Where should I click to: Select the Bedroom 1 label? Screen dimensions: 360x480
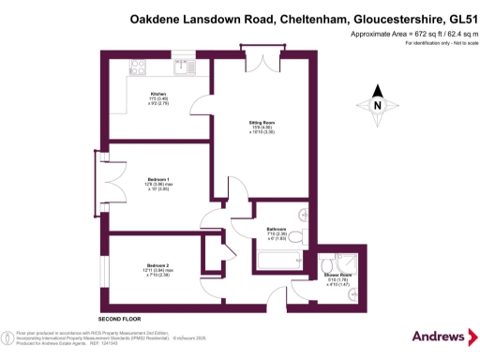[157, 179]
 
